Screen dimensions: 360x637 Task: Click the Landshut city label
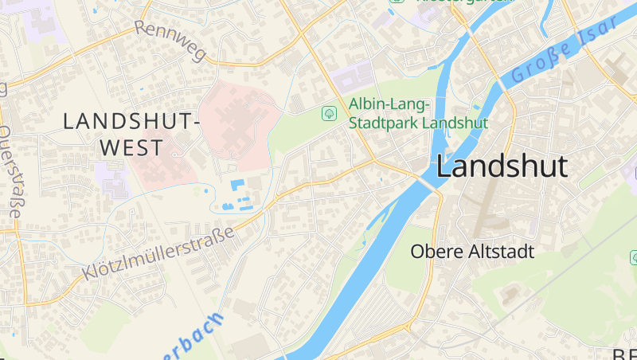[x=502, y=166]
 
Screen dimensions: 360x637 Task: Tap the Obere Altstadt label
[x=472, y=252]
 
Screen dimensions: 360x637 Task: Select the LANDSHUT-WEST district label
[x=131, y=135]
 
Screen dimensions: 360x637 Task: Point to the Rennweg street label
[x=170, y=40]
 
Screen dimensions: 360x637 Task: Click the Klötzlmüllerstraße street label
[x=158, y=253]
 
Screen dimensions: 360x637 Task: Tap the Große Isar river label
[x=565, y=49]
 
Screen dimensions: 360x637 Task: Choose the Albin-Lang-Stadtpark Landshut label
[x=418, y=114]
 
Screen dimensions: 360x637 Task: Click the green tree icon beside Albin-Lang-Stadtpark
[x=328, y=114]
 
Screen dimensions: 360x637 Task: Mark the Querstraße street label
[x=12, y=171]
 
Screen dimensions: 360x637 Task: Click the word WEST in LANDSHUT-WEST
[x=131, y=148]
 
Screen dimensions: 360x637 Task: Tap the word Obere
[x=433, y=252]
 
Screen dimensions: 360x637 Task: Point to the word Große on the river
[x=541, y=60]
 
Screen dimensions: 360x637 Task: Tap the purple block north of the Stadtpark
[x=352, y=77]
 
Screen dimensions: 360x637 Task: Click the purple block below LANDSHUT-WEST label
[x=111, y=178]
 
